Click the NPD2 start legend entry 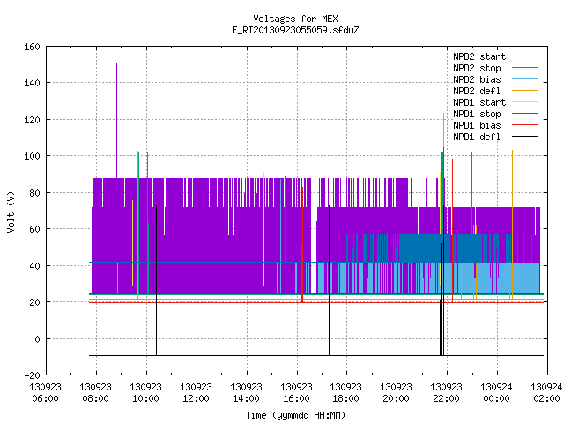(x=495, y=56)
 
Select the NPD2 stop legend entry (x=495, y=68)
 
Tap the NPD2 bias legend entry (x=495, y=79)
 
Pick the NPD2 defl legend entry (x=495, y=91)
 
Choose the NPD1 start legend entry (x=495, y=102)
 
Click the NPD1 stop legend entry (x=495, y=114)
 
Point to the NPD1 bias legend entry (x=495, y=125)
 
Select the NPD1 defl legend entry (x=495, y=137)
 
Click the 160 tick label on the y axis (x=32, y=47)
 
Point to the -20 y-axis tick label (x=32, y=375)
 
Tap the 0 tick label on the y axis (x=37, y=338)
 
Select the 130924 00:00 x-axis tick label (x=496, y=393)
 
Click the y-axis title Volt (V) (x=11, y=212)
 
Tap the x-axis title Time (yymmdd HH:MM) (x=295, y=415)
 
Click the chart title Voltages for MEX (x=295, y=19)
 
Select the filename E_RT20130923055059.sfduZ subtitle (x=295, y=30)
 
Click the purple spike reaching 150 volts (x=116, y=121)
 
